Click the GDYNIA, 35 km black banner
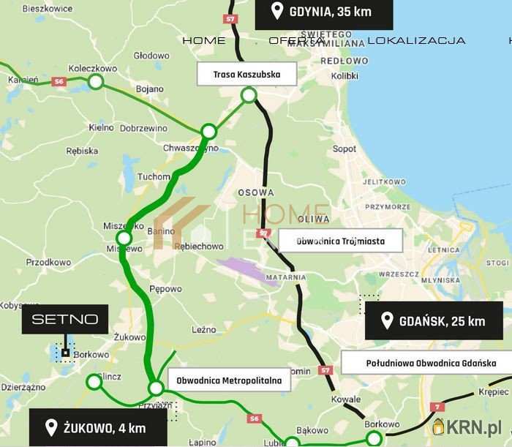(324, 12)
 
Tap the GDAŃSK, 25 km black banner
(434, 321)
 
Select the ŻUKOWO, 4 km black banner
(98, 428)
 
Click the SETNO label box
(65, 320)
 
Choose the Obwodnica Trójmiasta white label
(340, 240)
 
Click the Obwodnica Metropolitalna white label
(229, 380)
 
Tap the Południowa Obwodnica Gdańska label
(429, 362)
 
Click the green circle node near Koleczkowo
(95, 81)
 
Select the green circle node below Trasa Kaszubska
(249, 94)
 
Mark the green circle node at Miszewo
(124, 238)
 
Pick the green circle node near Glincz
(94, 381)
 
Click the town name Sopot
(345, 149)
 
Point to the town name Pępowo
(165, 289)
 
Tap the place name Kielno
(101, 127)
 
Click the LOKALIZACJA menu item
(416, 40)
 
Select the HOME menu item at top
(204, 40)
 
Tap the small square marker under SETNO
(65, 353)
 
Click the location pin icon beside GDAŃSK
(385, 321)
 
